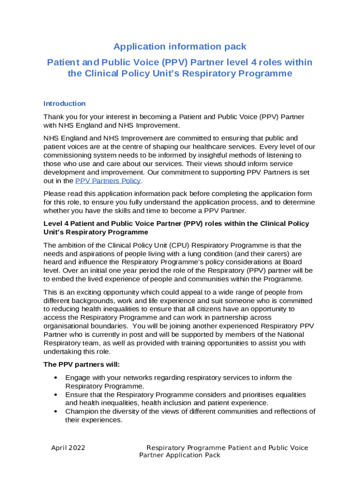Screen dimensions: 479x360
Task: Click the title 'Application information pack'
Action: (x=180, y=47)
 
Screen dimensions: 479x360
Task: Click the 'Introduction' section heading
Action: (x=64, y=103)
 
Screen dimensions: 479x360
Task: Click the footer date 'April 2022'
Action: (x=68, y=448)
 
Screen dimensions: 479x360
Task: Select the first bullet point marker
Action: (x=56, y=377)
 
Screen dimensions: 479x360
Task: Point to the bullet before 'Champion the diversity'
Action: (x=56, y=412)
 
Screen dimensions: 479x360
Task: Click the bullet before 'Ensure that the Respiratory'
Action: (x=56, y=395)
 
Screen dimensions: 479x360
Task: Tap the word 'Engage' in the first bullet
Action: (x=77, y=377)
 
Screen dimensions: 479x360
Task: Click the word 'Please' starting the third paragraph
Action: (x=55, y=194)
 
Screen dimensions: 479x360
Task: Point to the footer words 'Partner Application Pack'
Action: (x=180, y=455)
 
